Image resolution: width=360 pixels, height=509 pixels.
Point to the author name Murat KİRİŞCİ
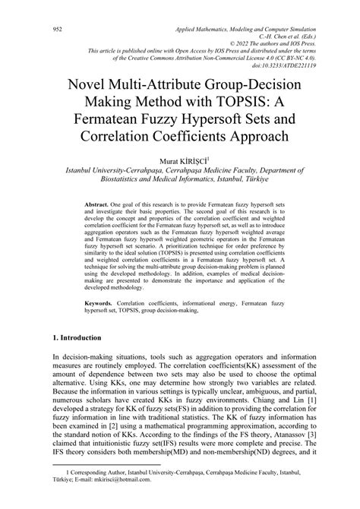179,161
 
